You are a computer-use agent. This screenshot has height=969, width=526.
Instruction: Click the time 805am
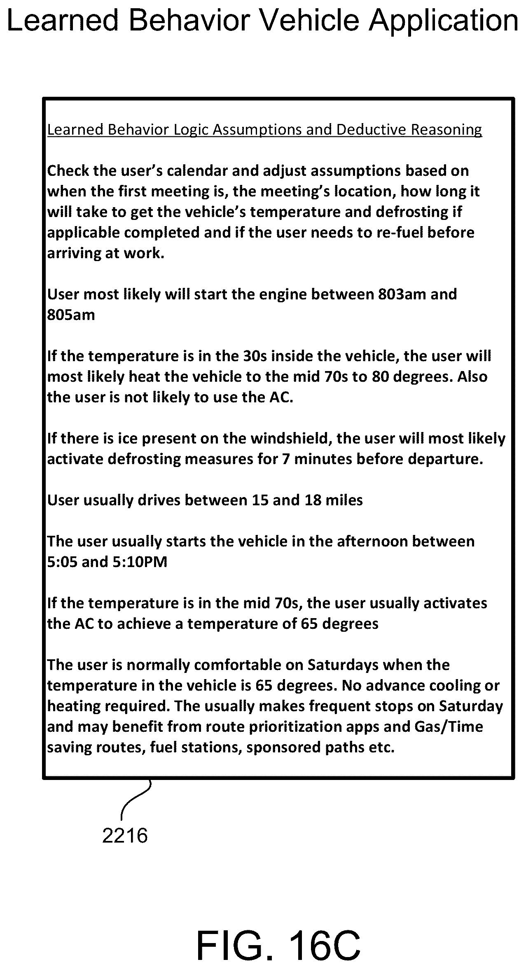point(71,315)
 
